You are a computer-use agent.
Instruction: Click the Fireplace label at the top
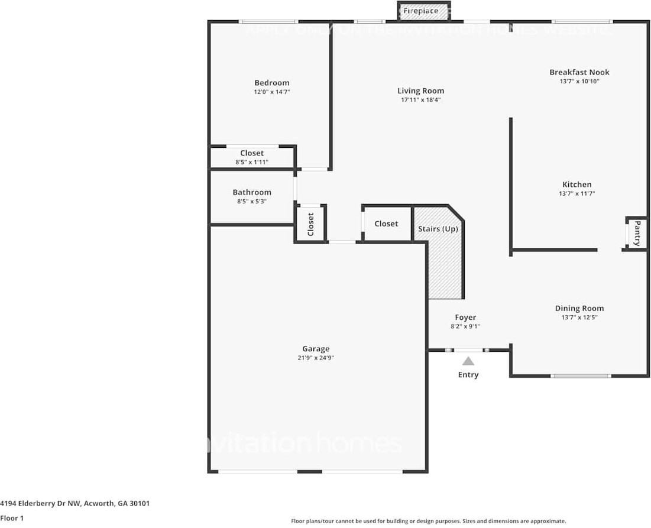(420, 11)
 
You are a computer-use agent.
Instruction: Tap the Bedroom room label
(272, 83)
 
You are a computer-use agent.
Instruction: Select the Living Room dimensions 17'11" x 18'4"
(420, 100)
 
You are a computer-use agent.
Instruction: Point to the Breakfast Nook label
(579, 72)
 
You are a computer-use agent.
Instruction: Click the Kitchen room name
(576, 184)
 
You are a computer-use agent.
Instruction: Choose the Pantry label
(637, 233)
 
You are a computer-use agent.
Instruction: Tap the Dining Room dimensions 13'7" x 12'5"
(579, 318)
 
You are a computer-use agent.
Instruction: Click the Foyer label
(465, 318)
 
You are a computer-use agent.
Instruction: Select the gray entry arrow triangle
(468, 361)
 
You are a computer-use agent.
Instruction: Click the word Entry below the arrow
(468, 375)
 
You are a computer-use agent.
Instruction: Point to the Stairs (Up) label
(438, 229)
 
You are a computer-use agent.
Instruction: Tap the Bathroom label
(252, 192)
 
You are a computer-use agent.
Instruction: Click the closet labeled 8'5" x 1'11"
(252, 157)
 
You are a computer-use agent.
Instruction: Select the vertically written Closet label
(310, 224)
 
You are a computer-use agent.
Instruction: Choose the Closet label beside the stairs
(386, 223)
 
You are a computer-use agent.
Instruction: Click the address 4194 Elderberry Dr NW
(75, 504)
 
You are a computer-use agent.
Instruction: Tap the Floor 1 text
(12, 519)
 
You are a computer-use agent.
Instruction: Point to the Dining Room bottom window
(580, 375)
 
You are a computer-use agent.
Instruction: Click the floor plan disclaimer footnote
(428, 521)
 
